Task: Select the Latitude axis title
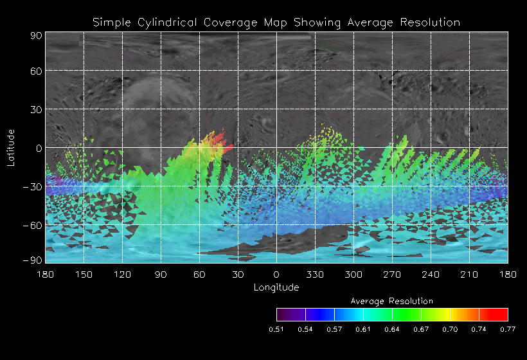click(x=11, y=147)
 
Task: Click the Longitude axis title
click(x=276, y=287)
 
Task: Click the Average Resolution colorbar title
click(x=391, y=301)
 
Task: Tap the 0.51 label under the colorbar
click(x=276, y=329)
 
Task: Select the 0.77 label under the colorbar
click(x=507, y=329)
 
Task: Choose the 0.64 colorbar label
click(x=391, y=329)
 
